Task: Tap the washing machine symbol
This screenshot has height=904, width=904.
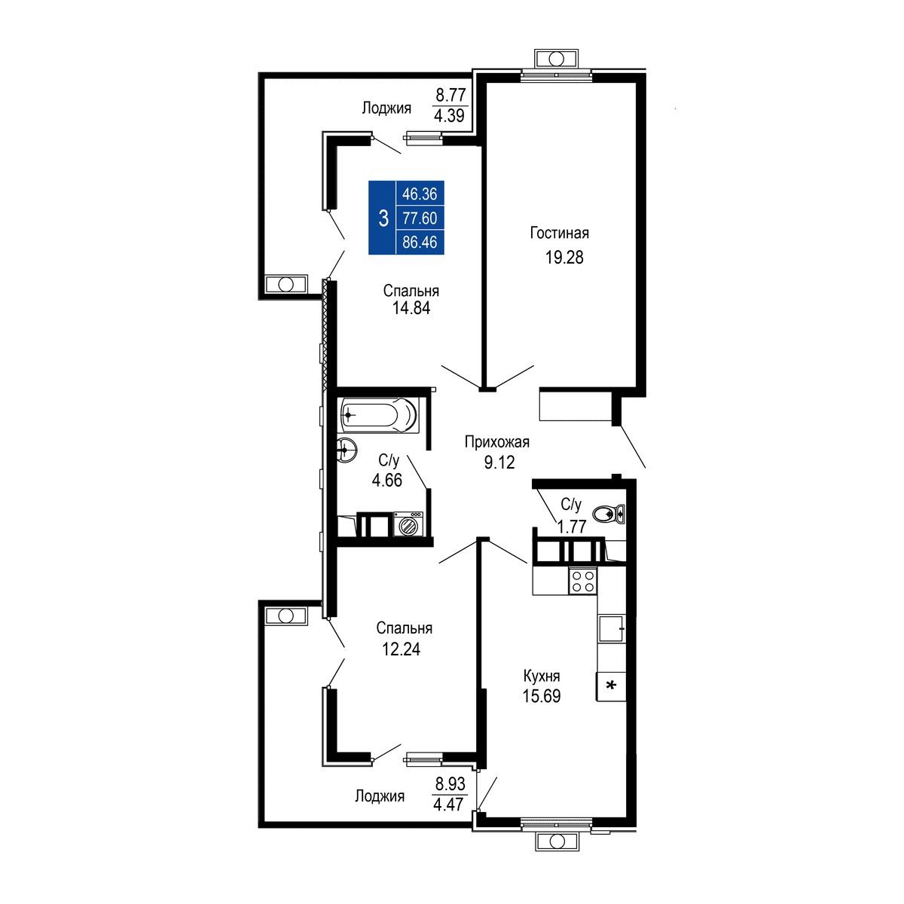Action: (x=408, y=523)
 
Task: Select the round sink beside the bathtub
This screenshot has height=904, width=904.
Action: (x=347, y=450)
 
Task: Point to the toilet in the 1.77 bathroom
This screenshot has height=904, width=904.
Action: (x=609, y=515)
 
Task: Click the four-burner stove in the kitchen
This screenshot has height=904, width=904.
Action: (x=582, y=580)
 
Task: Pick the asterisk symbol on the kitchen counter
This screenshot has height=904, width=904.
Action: (x=611, y=686)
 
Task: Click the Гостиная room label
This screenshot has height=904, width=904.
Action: (x=559, y=233)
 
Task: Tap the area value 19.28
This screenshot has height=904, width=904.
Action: (x=564, y=258)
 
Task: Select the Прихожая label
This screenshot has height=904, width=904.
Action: (x=496, y=442)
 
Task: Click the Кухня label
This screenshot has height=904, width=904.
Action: (x=542, y=676)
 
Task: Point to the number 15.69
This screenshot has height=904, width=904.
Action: (x=542, y=696)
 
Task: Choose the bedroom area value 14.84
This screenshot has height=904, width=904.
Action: (x=411, y=308)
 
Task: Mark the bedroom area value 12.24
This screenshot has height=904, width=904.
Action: (x=401, y=649)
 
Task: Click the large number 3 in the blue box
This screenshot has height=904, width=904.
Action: (x=383, y=218)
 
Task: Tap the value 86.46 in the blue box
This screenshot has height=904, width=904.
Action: (x=420, y=242)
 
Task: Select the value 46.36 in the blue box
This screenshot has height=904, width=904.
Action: (x=420, y=194)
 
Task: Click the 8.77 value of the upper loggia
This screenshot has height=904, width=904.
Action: (x=450, y=95)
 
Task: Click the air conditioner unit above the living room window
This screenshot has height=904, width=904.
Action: (x=557, y=59)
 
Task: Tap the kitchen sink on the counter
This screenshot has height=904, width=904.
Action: (x=611, y=628)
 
